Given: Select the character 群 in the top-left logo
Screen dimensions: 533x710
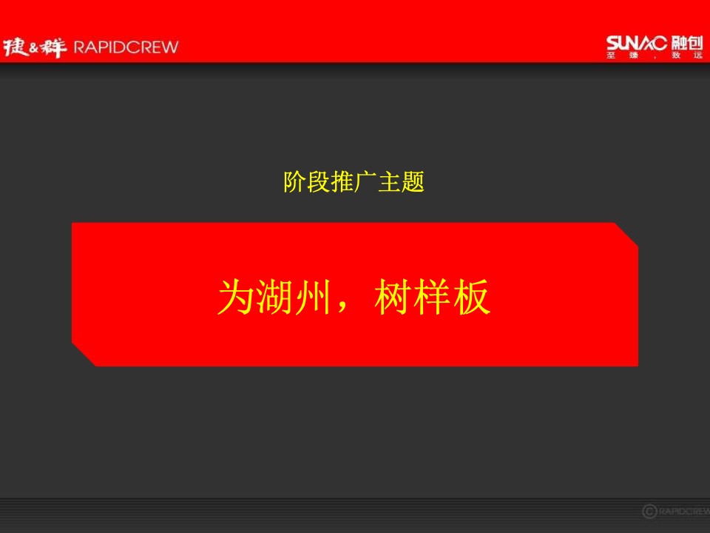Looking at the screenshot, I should point(54,47).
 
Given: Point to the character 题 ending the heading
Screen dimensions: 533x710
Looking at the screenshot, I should point(413,182).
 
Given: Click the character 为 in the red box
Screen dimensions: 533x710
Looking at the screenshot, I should point(235,298).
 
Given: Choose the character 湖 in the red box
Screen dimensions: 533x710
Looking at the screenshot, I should point(275,298).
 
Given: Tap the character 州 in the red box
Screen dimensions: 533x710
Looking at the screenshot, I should point(314,298).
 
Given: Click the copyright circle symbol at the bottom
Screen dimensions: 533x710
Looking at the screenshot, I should point(649,510).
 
